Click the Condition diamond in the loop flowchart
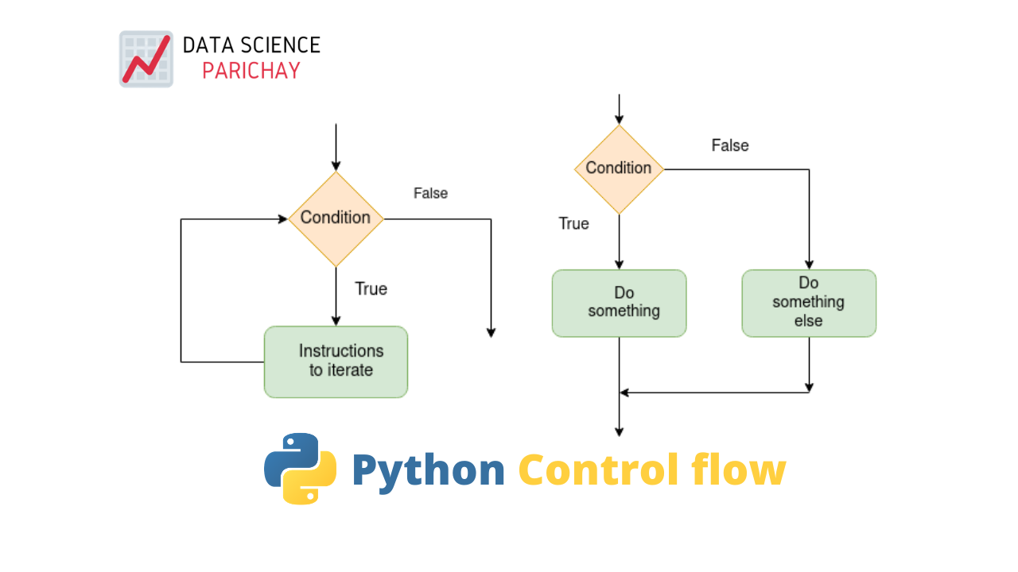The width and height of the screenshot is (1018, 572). point(336,218)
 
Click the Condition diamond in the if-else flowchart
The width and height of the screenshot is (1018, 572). point(619,168)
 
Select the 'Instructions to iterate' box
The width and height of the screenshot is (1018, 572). point(336,361)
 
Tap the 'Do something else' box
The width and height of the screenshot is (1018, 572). point(809,303)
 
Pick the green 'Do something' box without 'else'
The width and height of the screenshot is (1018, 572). point(619,303)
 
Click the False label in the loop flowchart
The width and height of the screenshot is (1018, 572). point(430,193)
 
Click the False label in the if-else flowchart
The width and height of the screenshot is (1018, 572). point(729,145)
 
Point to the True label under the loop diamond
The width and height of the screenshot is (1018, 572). point(371,288)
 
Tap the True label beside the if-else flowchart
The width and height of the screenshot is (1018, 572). point(573,224)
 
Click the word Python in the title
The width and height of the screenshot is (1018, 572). point(428,470)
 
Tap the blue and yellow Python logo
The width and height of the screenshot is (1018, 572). point(300,469)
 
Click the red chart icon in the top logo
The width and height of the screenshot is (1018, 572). point(146,59)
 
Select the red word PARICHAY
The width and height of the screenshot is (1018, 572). point(251,71)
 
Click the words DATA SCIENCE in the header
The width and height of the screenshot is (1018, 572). point(251,45)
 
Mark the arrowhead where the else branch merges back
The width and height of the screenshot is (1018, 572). point(624,392)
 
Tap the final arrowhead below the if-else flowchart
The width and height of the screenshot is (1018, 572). point(619,432)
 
